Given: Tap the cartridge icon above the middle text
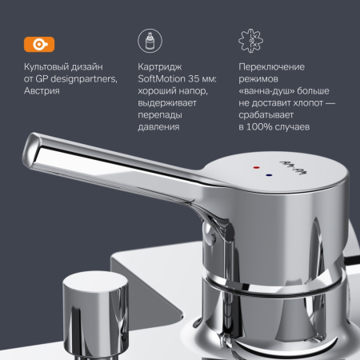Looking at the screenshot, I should [147, 42].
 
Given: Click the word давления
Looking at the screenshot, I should [158, 127].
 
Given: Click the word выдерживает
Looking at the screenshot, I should [166, 104].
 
